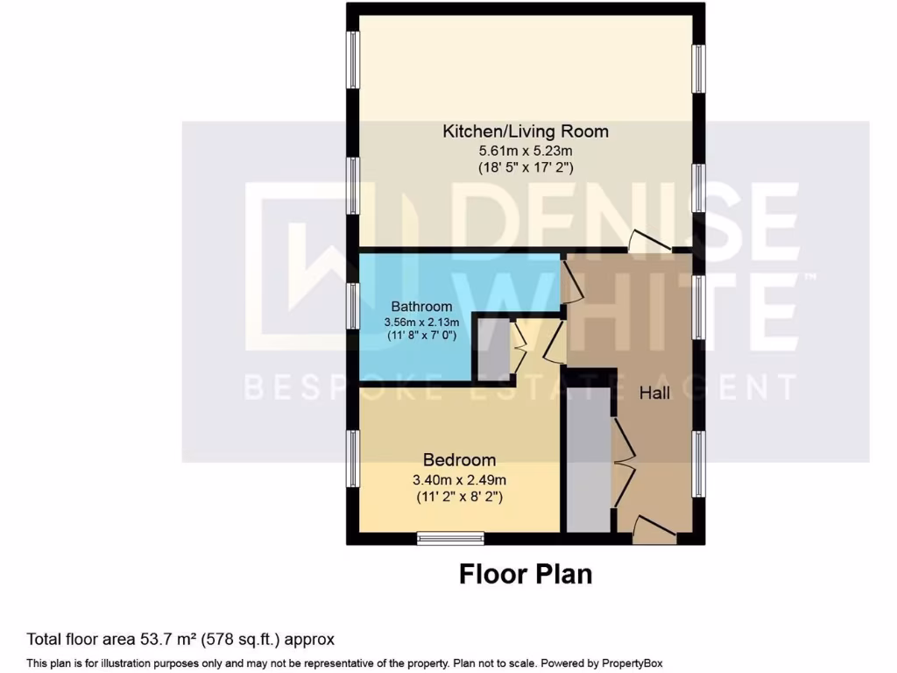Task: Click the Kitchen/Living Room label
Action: pyautogui.click(x=525, y=131)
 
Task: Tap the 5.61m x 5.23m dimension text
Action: pyautogui.click(x=525, y=150)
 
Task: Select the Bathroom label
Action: pyautogui.click(x=421, y=307)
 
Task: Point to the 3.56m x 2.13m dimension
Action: pyautogui.click(x=421, y=322)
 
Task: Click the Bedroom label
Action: pyautogui.click(x=459, y=460)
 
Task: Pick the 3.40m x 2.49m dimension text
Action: pyautogui.click(x=459, y=479)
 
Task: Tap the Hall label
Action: pyautogui.click(x=654, y=393)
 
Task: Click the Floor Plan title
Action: pyautogui.click(x=526, y=574)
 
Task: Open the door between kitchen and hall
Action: pyautogui.click(x=646, y=240)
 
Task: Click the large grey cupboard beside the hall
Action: pyautogui.click(x=588, y=460)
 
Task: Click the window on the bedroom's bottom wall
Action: pyautogui.click(x=450, y=538)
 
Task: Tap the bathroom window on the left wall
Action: pyautogui.click(x=352, y=306)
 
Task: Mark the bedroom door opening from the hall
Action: pyautogui.click(x=554, y=344)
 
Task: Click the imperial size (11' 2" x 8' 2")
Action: pyautogui.click(x=459, y=497)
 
